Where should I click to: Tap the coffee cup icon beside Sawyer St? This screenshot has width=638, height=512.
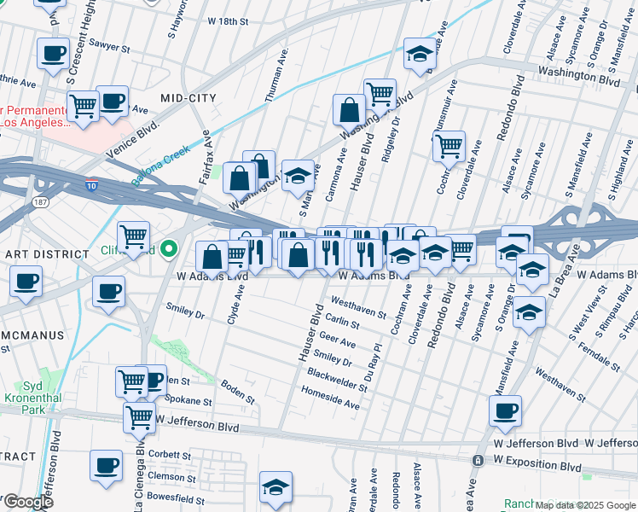[53, 53]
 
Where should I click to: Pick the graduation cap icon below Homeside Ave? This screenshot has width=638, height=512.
[275, 488]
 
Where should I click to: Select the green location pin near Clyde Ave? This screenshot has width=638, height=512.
[169, 249]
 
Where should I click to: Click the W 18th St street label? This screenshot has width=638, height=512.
[228, 20]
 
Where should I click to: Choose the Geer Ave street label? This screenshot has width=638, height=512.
[336, 341]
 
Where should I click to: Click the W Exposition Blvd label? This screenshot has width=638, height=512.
[536, 468]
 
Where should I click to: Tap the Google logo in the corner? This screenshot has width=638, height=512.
[27, 502]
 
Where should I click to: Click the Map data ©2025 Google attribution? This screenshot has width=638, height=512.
[585, 505]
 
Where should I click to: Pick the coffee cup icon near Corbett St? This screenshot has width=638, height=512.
[106, 466]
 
